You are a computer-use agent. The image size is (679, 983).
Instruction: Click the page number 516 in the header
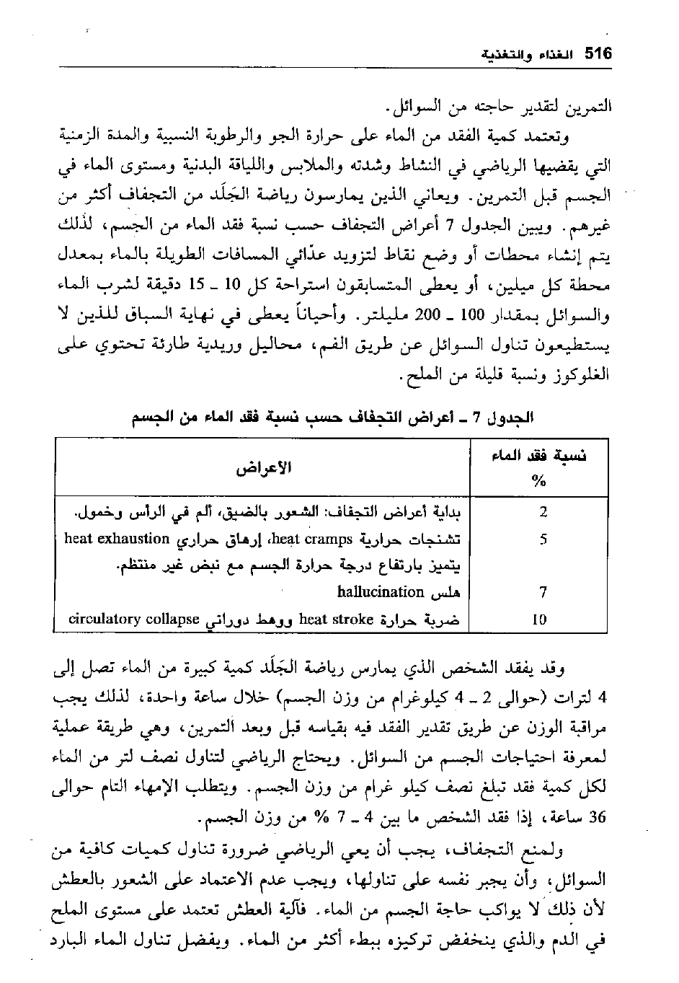[x=598, y=54]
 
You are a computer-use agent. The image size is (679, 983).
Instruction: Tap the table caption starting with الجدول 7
[x=332, y=417]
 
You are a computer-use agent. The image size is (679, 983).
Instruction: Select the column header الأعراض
[x=264, y=467]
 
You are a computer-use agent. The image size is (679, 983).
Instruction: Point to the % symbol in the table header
[x=539, y=481]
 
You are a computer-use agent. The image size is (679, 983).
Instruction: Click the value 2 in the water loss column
[x=543, y=512]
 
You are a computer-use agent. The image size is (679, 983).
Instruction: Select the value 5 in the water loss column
[x=543, y=539]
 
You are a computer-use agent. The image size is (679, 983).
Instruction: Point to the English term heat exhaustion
[x=117, y=538]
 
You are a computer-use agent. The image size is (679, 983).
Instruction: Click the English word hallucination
[x=380, y=592]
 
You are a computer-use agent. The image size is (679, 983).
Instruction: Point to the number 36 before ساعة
[x=598, y=817]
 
